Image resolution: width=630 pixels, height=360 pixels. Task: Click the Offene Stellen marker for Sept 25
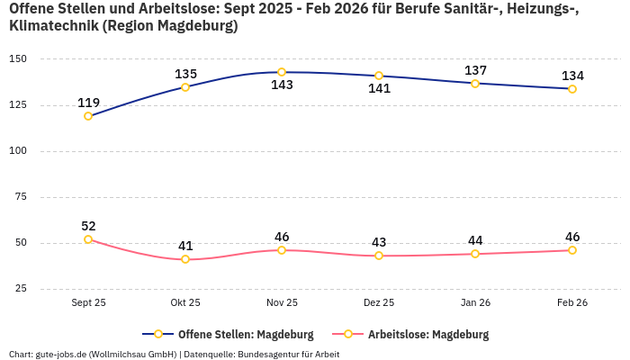pos(88,116)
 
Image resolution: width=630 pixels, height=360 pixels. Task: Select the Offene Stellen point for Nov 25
pos(282,72)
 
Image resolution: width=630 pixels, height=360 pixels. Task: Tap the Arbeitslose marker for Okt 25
pos(185,259)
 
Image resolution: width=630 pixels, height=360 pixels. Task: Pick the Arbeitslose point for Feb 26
pos(572,250)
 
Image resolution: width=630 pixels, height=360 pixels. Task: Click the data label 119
pos(88,103)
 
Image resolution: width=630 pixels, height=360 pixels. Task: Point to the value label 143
pos(282,85)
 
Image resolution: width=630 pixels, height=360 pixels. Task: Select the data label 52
pos(88,226)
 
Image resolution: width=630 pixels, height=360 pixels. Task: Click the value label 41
pos(185,246)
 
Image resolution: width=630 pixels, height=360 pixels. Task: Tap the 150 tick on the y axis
pos(18,59)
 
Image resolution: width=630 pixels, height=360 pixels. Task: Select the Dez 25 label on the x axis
pos(379,303)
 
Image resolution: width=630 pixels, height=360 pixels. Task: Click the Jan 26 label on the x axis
pos(475,303)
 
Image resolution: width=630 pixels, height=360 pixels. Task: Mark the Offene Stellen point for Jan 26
pos(475,84)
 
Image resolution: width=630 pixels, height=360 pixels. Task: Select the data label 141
pos(379,89)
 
